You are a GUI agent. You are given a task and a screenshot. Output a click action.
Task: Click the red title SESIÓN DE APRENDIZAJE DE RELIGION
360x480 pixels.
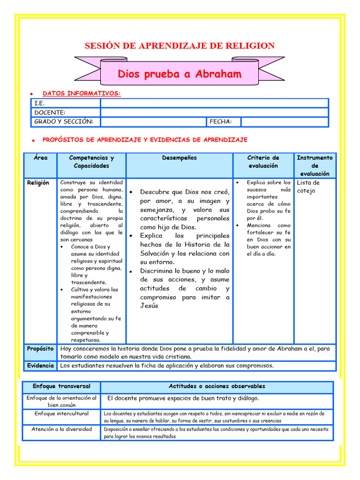[180, 45]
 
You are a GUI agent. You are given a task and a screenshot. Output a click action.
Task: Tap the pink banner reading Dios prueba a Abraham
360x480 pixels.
[180, 74]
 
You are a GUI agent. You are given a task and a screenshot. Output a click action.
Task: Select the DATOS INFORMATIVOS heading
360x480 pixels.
[82, 94]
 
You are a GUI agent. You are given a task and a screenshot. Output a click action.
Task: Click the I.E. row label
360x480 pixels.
[39, 103]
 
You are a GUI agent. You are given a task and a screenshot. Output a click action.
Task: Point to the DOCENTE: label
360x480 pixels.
[50, 112]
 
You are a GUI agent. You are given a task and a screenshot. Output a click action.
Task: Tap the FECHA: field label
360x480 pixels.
[221, 122]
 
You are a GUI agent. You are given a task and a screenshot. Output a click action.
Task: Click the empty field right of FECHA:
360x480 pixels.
[285, 122]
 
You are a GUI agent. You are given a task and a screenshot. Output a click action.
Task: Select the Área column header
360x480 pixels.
[41, 158]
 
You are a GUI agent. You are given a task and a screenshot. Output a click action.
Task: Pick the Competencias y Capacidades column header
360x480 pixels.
[91, 162]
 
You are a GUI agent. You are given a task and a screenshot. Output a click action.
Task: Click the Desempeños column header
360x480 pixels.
[180, 158]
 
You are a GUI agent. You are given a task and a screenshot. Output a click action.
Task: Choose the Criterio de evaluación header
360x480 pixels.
[263, 162]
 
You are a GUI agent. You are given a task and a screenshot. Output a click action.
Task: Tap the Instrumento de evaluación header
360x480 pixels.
[315, 165]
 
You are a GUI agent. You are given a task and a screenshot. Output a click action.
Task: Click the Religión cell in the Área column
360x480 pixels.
[38, 183]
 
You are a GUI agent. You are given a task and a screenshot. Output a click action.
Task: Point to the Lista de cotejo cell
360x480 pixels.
[308, 187]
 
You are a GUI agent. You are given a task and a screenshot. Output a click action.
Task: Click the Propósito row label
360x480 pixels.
[40, 349]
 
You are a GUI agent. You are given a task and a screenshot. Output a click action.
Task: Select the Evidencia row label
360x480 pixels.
[40, 366]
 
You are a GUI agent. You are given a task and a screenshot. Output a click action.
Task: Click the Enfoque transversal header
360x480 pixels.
[61, 387]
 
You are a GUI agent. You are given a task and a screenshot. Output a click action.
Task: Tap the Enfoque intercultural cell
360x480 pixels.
[61, 414]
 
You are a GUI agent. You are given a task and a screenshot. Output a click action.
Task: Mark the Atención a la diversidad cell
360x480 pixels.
[61, 429]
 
